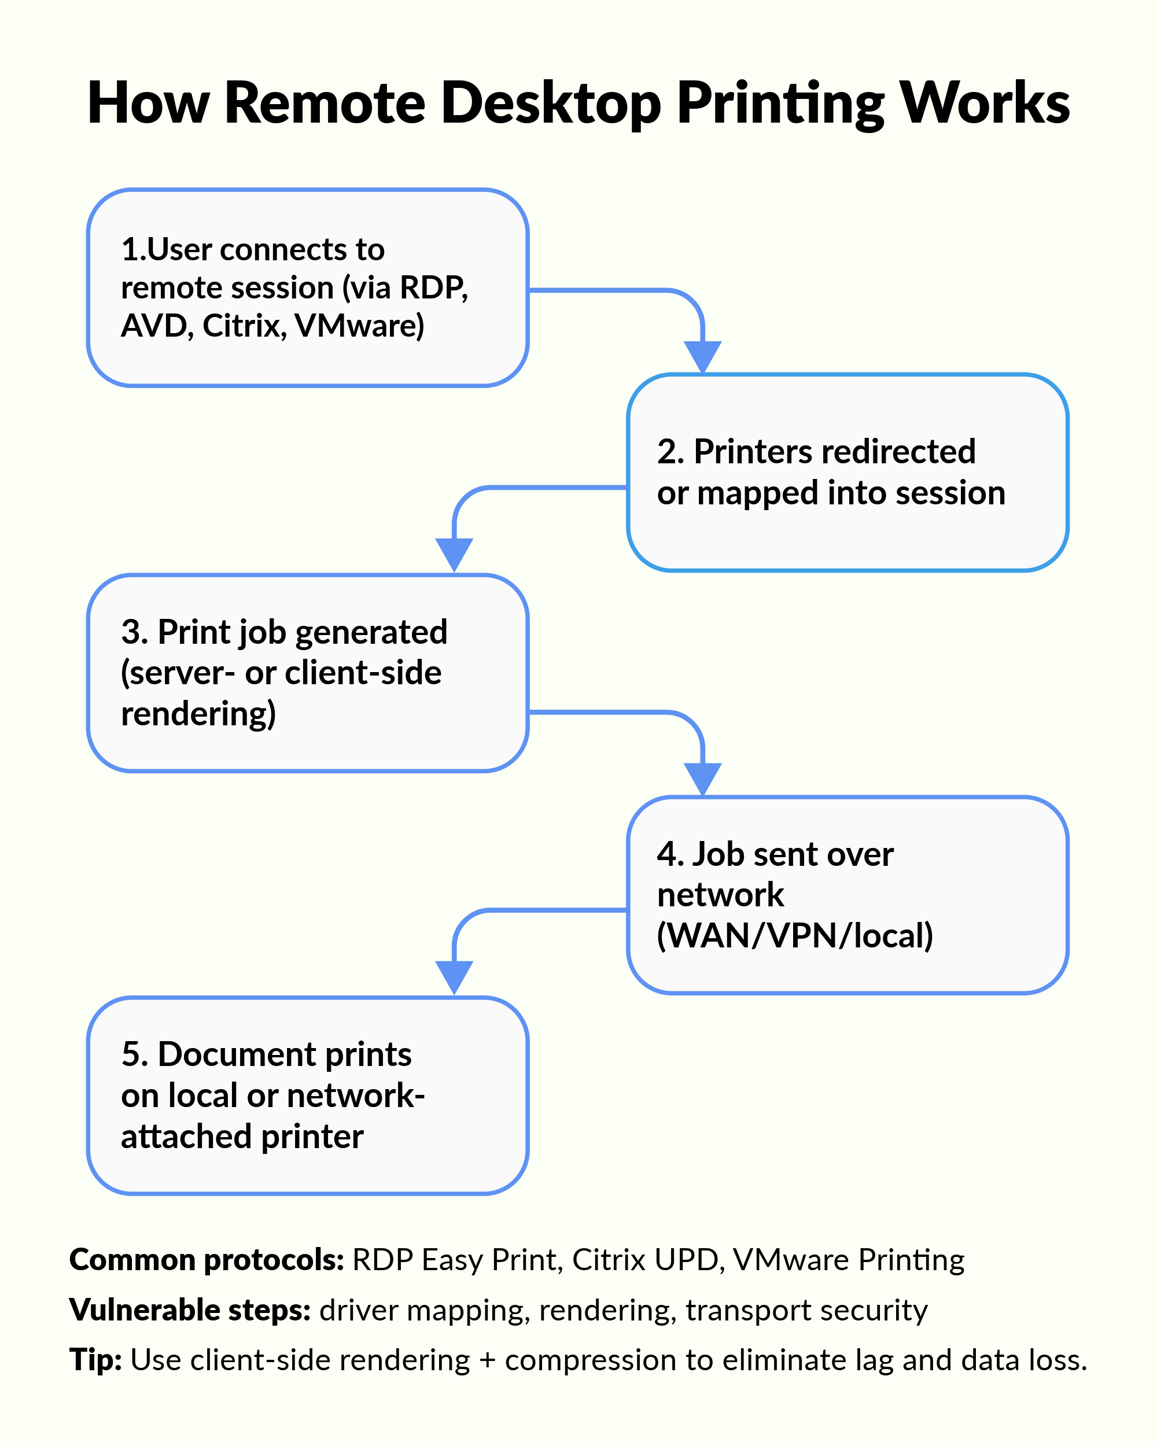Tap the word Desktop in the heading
[x=551, y=104]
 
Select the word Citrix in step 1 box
[x=241, y=326]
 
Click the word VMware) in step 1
[x=359, y=326]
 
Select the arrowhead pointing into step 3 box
[x=454, y=554]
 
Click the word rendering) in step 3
[x=198, y=714]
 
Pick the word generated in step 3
[x=371, y=632]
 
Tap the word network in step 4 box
[x=720, y=894]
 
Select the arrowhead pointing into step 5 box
[x=454, y=976]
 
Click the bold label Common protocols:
[x=207, y=1260]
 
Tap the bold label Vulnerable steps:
[x=190, y=1310]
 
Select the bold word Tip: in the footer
[x=95, y=1359]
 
